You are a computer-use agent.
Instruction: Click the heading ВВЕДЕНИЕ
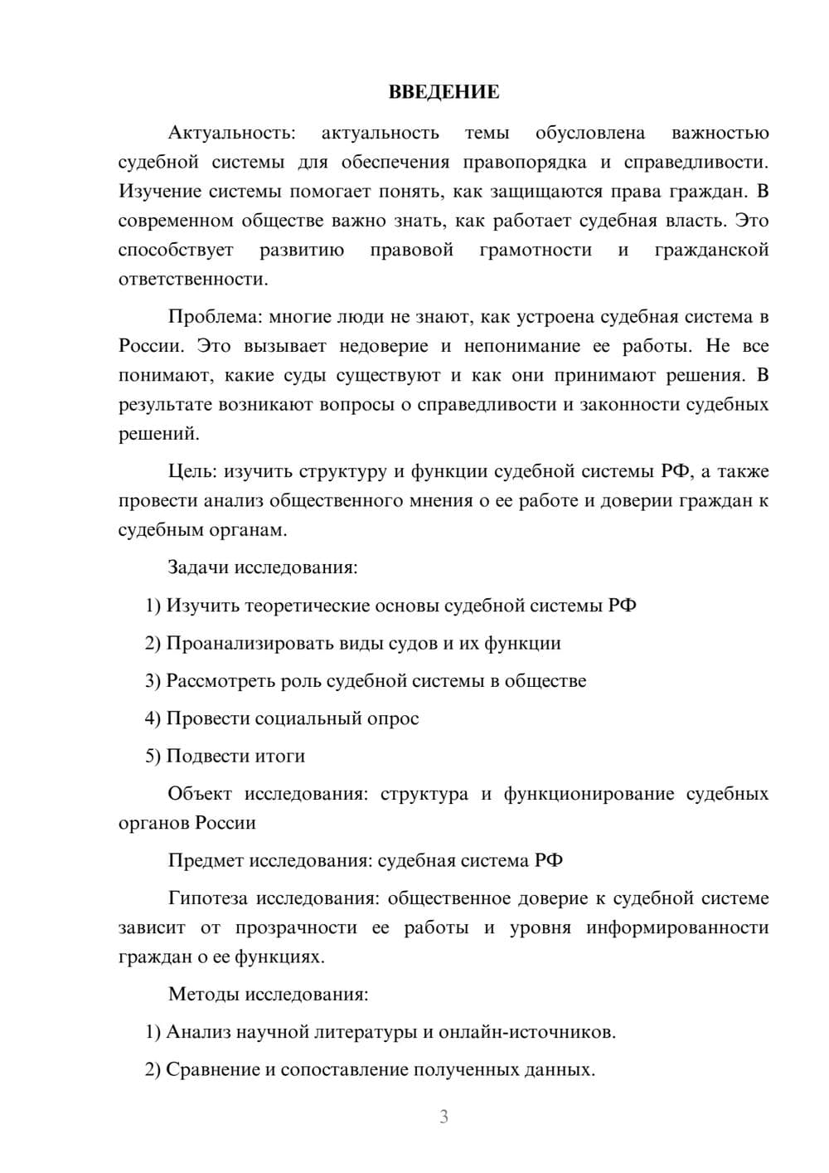[x=444, y=92]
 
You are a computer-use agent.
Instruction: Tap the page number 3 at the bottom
[x=444, y=1117]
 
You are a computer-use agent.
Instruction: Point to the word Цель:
[x=192, y=472]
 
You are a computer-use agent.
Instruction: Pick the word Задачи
[x=198, y=567]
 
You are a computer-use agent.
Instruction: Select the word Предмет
[x=206, y=861]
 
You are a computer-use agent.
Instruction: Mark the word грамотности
[x=536, y=250]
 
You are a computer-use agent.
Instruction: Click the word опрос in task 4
[x=393, y=718]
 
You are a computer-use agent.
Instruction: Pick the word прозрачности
[x=296, y=927]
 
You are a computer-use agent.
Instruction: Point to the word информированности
[x=677, y=927]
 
